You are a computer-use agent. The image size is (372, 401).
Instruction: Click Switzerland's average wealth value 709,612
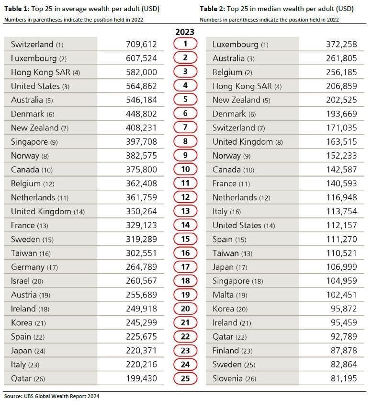[x=141, y=44]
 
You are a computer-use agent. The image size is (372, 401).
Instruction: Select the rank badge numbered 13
[x=185, y=211]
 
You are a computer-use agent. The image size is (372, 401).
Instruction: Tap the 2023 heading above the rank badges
[x=185, y=32]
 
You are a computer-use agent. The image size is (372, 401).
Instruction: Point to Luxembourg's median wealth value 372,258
[x=341, y=44]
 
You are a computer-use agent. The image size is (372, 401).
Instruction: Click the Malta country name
[x=223, y=295]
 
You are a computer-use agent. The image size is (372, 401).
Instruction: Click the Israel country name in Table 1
[x=20, y=281]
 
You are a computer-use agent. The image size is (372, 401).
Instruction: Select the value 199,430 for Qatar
[x=142, y=378]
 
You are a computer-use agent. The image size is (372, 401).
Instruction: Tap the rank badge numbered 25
[x=185, y=378]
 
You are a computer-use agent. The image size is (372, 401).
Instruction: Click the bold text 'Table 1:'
[x=17, y=9]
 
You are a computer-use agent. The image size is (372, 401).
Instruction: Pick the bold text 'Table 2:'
[x=212, y=9]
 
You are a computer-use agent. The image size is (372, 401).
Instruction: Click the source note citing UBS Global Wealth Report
[x=52, y=396]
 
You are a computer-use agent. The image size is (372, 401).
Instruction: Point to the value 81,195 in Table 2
[x=344, y=378]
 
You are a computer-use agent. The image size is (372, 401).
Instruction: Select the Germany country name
[x=28, y=267]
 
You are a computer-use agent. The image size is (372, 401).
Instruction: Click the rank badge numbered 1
[x=185, y=44]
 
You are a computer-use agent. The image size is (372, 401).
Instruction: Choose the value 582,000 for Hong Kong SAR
[x=141, y=72]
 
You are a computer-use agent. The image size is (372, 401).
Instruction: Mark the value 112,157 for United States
[x=341, y=225]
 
